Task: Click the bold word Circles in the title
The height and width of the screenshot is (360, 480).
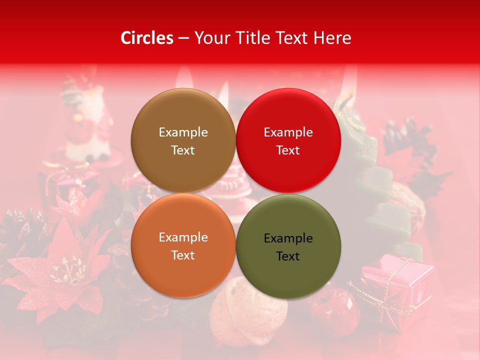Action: click(x=147, y=38)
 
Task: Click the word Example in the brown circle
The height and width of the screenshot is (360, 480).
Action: click(x=183, y=132)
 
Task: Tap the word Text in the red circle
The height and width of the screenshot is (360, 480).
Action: click(x=288, y=150)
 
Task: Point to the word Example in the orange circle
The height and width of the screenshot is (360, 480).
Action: click(x=183, y=237)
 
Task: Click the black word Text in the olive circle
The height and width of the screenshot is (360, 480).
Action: click(x=288, y=256)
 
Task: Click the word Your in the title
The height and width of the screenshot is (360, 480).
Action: click(x=210, y=38)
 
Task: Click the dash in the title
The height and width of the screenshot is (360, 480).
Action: click(x=183, y=38)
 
